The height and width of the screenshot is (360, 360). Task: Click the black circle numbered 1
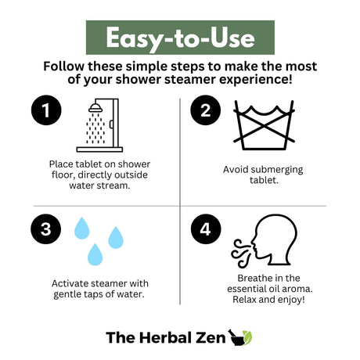tap(46, 110)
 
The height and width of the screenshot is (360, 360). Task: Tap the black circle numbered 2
tap(205, 110)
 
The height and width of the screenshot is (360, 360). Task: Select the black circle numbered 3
tap(46, 229)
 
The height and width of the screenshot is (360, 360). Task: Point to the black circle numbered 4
tap(206, 229)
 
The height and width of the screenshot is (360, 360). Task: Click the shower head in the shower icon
tap(95, 108)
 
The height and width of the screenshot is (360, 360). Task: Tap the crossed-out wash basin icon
tap(264, 125)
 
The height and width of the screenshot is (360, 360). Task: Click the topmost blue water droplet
tap(82, 228)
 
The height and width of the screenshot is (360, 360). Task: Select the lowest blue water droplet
tap(95, 254)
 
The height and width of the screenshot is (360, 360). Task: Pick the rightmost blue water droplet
tap(116, 237)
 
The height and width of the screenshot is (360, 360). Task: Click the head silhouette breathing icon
tap(274, 239)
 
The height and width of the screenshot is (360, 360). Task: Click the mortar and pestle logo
tap(240, 337)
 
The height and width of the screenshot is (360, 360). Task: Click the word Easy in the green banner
tap(135, 39)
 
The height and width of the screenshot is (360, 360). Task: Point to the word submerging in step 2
tap(278, 170)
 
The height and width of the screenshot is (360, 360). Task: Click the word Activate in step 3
tap(69, 283)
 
